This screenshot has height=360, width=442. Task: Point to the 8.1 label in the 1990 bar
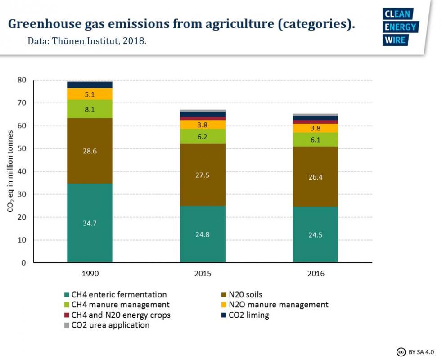click(90, 109)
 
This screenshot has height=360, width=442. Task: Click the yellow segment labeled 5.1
click(90, 94)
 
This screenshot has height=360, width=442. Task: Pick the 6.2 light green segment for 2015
click(203, 136)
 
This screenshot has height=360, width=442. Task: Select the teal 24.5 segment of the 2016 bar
click(315, 234)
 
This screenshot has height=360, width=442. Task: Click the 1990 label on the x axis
click(90, 274)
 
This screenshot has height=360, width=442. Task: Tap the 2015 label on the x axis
click(203, 274)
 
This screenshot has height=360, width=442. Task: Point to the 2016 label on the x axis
click(315, 274)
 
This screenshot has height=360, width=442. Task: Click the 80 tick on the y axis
click(22, 80)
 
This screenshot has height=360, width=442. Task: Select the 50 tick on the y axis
click(22, 148)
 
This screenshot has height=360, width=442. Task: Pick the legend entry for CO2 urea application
click(110, 325)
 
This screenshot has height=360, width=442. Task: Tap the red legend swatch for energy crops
click(67, 315)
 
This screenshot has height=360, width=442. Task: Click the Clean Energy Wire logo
click(400, 27)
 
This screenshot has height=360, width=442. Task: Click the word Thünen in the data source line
click(68, 40)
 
